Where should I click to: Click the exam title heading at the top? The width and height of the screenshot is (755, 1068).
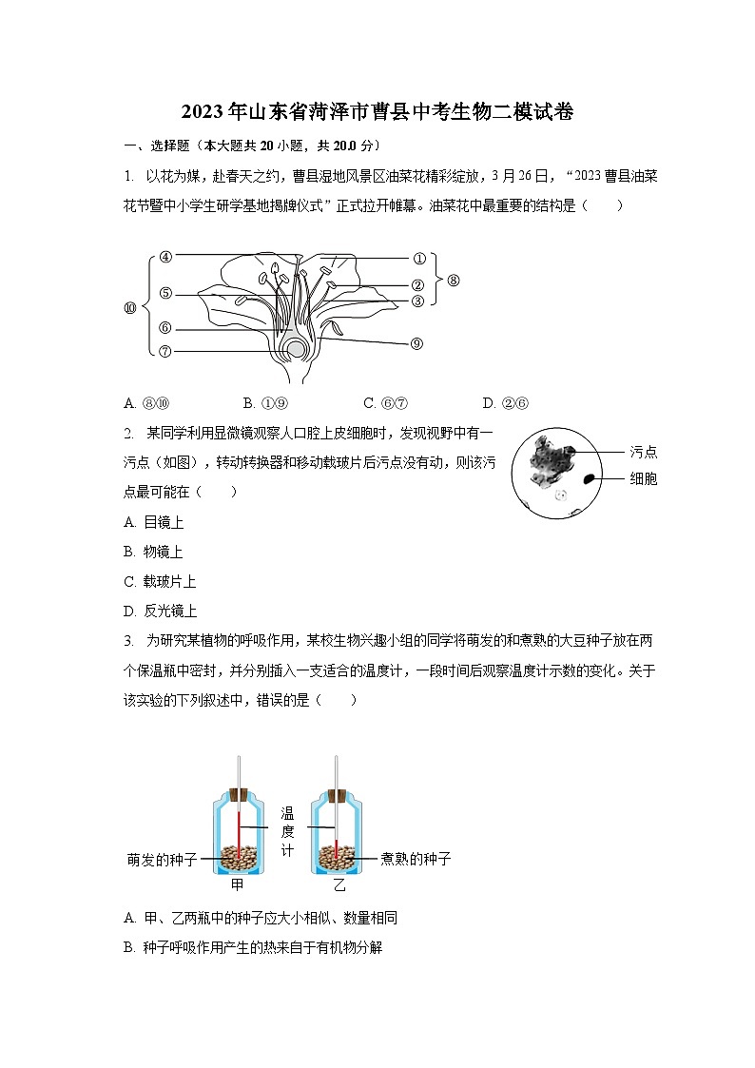point(377,112)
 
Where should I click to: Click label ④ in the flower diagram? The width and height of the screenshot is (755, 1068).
point(165,256)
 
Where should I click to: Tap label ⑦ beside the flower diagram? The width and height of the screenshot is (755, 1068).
point(165,351)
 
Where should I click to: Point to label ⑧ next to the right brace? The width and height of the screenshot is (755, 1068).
point(453,281)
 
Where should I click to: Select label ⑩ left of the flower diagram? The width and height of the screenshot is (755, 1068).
point(130,308)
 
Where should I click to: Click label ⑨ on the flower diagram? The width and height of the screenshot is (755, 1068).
point(416,343)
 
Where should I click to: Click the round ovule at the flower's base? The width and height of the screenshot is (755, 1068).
point(298,349)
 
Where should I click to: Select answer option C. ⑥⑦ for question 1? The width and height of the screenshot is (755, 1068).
point(385,403)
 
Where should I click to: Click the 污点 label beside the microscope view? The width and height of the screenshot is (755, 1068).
point(644,452)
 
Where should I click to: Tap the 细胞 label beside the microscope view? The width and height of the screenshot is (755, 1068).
point(644,479)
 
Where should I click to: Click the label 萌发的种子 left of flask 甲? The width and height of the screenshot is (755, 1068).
point(162,859)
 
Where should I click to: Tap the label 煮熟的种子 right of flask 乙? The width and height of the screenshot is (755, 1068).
point(416,859)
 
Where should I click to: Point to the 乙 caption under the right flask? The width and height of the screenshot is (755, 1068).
point(339,885)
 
